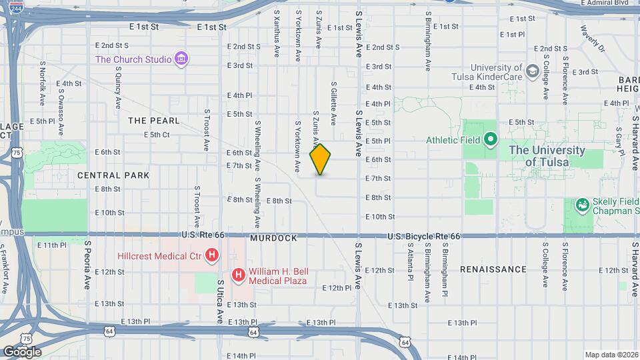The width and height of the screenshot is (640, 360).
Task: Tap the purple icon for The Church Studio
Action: coord(181,59)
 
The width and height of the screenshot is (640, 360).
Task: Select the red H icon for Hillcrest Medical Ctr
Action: coord(212,255)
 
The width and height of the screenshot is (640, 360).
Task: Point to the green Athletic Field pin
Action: coord(491,140)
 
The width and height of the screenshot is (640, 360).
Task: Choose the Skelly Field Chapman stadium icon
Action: coord(583,204)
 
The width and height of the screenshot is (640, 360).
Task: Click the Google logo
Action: coord(22,352)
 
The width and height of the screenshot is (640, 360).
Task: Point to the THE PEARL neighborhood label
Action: coord(154,121)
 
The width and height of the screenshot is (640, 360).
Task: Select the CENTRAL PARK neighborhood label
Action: coord(113,175)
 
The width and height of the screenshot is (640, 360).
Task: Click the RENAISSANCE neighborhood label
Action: coord(493,269)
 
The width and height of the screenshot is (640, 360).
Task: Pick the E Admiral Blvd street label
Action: coord(605,3)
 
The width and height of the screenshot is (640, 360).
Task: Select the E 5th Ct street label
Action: coord(157,135)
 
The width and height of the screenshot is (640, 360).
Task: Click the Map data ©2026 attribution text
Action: coord(611,355)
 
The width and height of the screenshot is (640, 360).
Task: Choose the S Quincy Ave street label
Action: coord(118,81)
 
